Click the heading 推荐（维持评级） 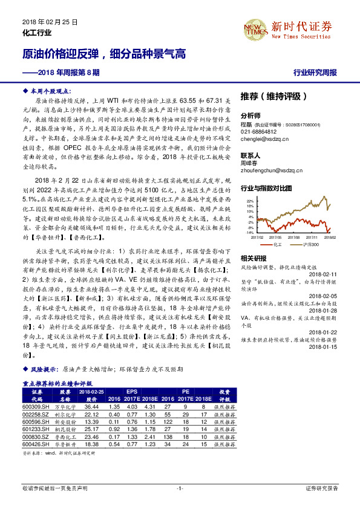pos(273,96)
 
